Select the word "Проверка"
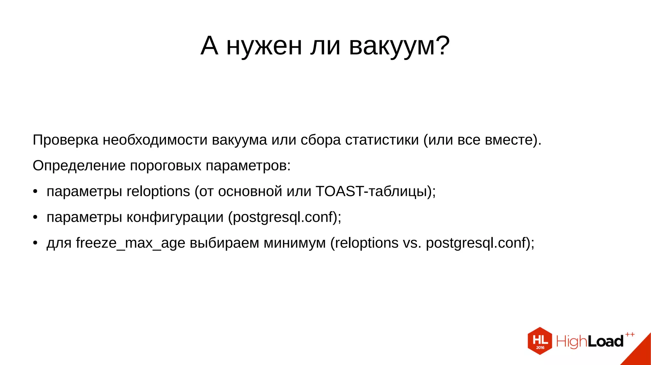pyautogui.click(x=65, y=140)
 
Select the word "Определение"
pyautogui.click(x=79, y=166)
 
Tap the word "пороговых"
pyautogui.click(x=166, y=166)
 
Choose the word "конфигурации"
pyautogui.click(x=175, y=217)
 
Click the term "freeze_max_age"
pyautogui.click(x=130, y=243)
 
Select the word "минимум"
pyautogui.click(x=295, y=243)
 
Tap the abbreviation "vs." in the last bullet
pyautogui.click(x=412, y=243)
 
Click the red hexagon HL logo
pyautogui.click(x=540, y=341)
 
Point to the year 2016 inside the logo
pyautogui.click(x=540, y=348)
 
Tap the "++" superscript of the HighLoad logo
pyautogui.click(x=630, y=334)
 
